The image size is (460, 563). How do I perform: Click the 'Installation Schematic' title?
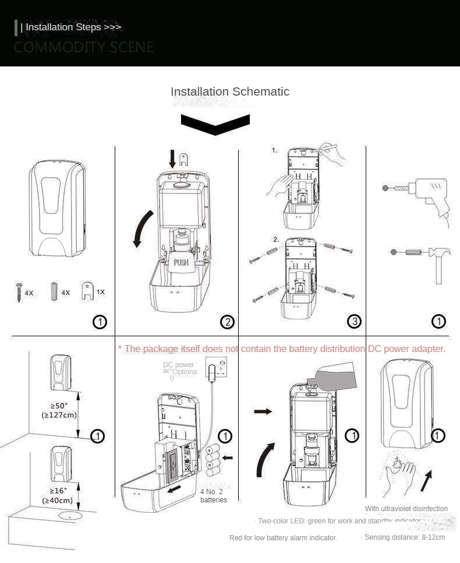(229, 92)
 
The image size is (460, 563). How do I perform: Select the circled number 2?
(227, 322)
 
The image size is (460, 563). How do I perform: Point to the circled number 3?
(355, 321)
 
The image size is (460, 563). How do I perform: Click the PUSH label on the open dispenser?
(181, 262)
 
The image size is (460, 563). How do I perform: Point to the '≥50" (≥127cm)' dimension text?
(59, 410)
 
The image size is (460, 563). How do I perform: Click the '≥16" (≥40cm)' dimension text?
(57, 495)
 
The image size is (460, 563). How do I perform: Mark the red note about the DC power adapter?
(282, 349)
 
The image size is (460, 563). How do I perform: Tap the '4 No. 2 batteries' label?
(214, 495)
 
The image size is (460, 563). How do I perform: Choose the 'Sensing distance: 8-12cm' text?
(404, 537)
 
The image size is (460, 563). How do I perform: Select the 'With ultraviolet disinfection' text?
(406, 509)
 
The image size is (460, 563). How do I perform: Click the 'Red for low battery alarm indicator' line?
(283, 537)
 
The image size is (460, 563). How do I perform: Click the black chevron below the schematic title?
(215, 124)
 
